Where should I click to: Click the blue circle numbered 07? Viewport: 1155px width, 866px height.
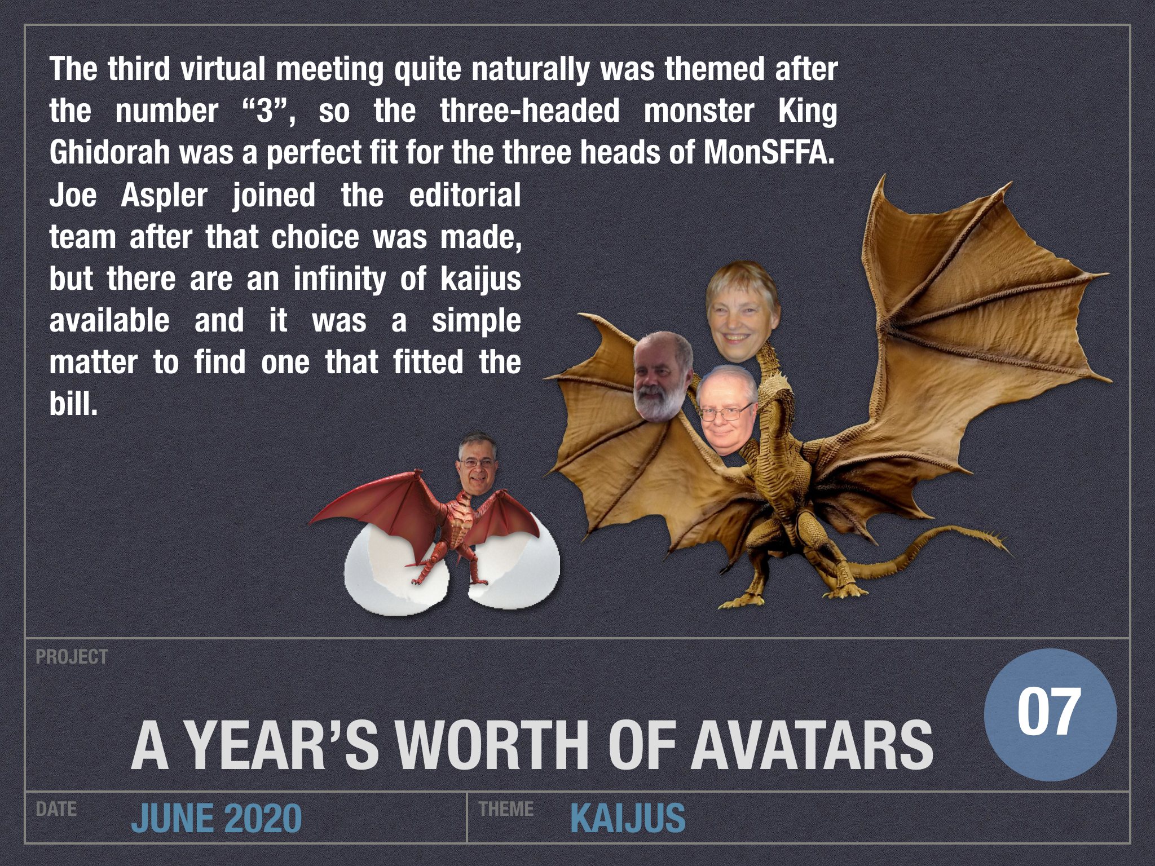click(1050, 714)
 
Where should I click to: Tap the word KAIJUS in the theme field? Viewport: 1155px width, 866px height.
click(628, 818)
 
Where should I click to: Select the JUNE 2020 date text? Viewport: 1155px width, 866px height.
click(217, 818)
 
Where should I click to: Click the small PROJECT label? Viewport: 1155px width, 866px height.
click(72, 657)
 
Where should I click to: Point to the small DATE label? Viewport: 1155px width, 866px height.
click(56, 809)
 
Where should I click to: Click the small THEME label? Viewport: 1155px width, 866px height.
click(506, 809)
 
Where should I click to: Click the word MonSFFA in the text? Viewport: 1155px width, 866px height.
click(768, 153)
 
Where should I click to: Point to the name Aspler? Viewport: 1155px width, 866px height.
click(164, 196)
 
